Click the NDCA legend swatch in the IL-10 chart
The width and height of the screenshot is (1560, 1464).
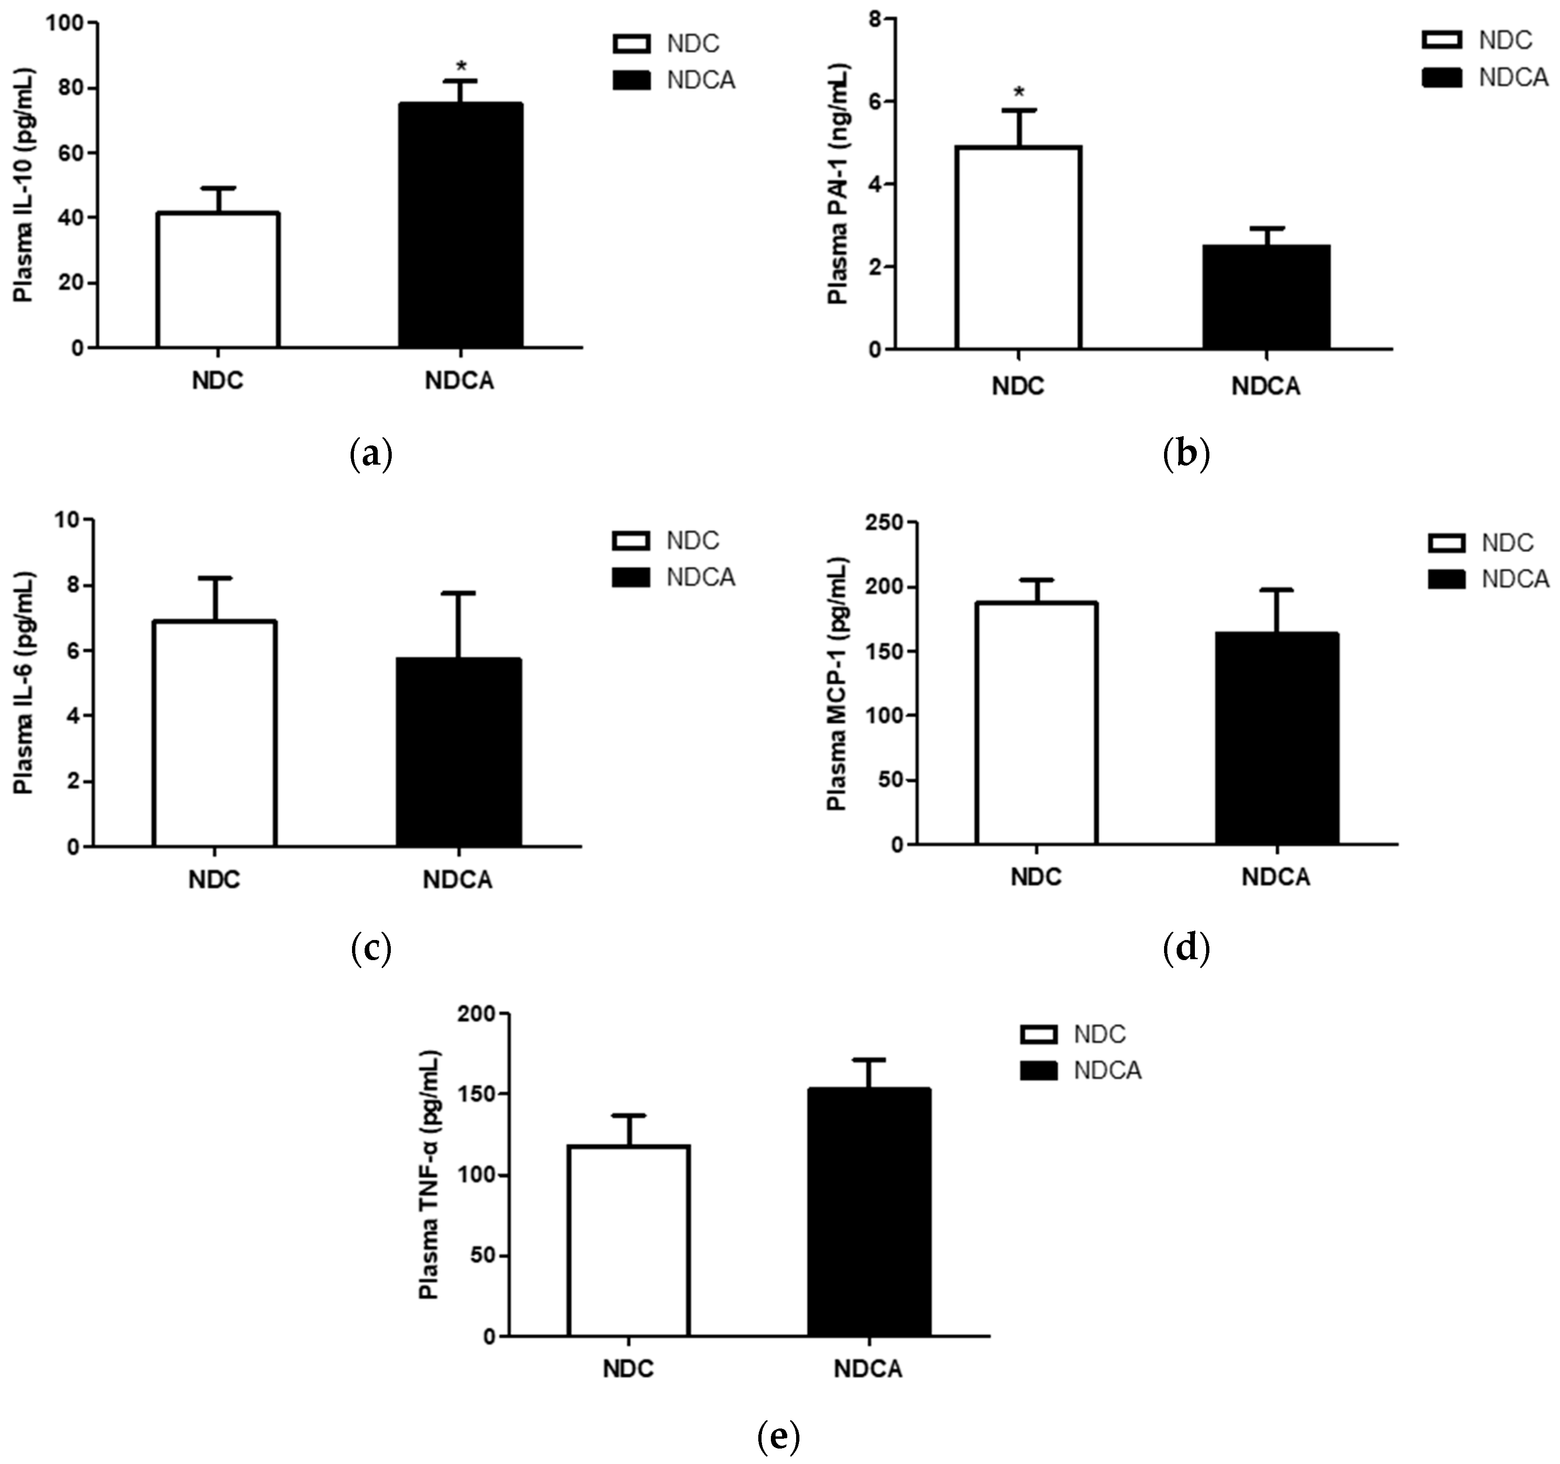pos(631,80)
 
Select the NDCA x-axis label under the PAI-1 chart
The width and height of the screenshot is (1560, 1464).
pos(1266,386)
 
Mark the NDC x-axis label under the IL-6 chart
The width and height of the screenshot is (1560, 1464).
pos(214,880)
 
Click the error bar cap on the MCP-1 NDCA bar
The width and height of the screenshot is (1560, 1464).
pos(1277,590)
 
